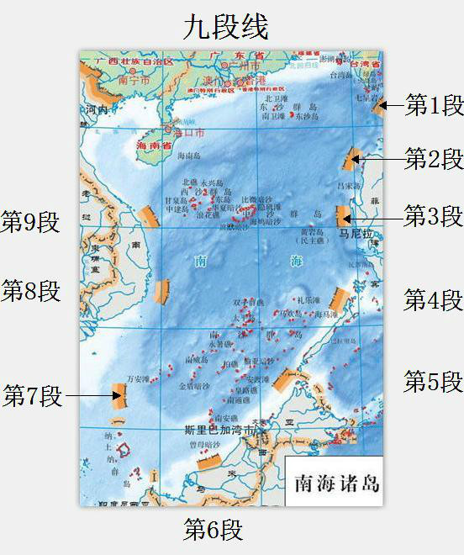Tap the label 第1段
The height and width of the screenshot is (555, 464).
[x=435, y=105]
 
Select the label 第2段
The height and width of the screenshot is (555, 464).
[x=434, y=158]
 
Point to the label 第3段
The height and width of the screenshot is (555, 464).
[x=433, y=216]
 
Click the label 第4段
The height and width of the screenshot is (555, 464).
[x=433, y=299]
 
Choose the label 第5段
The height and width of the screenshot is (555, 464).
[x=433, y=381]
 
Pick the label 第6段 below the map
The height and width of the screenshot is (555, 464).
[x=214, y=530]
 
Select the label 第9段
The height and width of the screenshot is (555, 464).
[x=31, y=222]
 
